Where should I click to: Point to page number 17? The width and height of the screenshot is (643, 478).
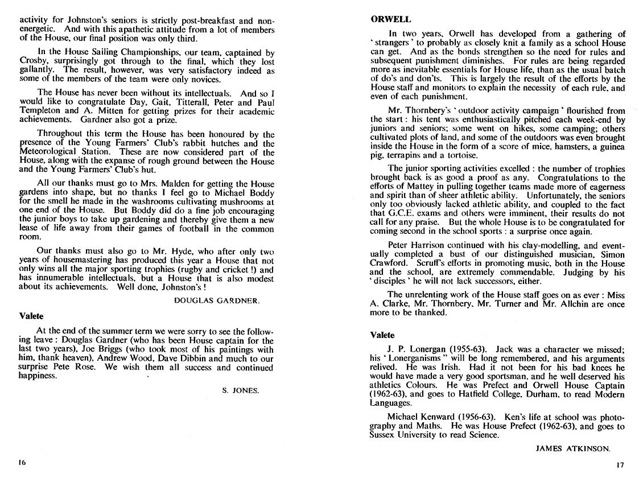[x=620, y=464]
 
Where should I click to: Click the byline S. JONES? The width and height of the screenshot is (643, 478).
[x=240, y=390]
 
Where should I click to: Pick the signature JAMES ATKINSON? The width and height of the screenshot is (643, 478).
[x=573, y=448]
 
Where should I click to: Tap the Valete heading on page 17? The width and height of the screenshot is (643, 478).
[x=382, y=335]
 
